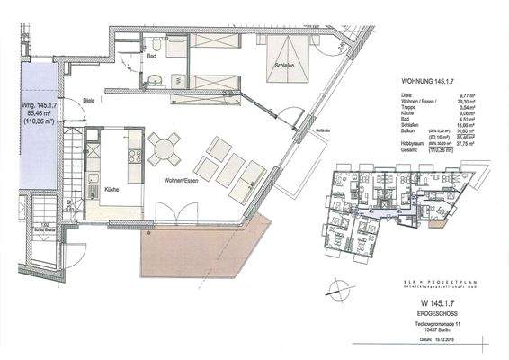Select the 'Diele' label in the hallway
89,101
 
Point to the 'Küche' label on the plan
112,190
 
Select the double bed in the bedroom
291,49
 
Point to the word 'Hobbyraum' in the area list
411,140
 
